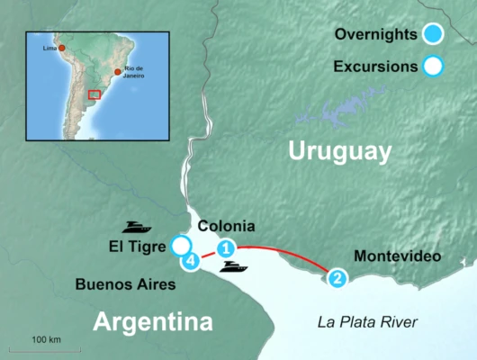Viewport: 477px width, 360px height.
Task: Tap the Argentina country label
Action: (x=154, y=321)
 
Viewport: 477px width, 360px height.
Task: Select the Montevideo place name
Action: (x=397, y=256)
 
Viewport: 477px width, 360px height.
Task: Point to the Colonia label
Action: (x=226, y=226)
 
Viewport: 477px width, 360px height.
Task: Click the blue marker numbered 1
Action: (x=227, y=247)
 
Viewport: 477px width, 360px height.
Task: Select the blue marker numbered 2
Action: (x=337, y=278)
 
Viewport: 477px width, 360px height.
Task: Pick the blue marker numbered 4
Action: (x=190, y=261)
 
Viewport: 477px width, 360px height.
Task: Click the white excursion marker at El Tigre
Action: (x=181, y=246)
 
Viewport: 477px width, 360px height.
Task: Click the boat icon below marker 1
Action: (x=234, y=267)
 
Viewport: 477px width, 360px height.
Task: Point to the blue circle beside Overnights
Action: (x=434, y=35)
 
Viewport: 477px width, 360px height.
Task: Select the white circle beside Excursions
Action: (x=434, y=66)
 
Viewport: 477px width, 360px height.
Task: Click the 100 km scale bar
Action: (x=45, y=348)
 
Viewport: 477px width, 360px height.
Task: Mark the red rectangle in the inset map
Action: (x=94, y=94)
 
